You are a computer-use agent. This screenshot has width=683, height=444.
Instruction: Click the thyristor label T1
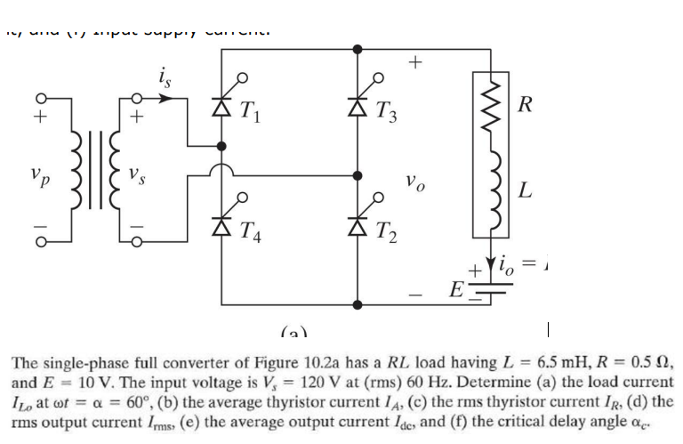[247, 113]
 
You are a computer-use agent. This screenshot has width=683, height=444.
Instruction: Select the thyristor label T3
[386, 113]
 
